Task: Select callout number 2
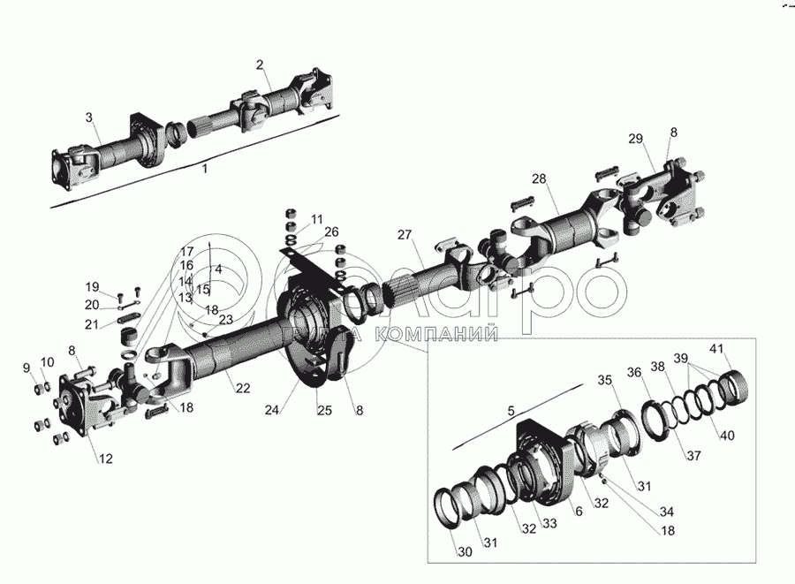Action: pos(260,64)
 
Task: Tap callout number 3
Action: pos(89,118)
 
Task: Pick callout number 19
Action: pos(92,286)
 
